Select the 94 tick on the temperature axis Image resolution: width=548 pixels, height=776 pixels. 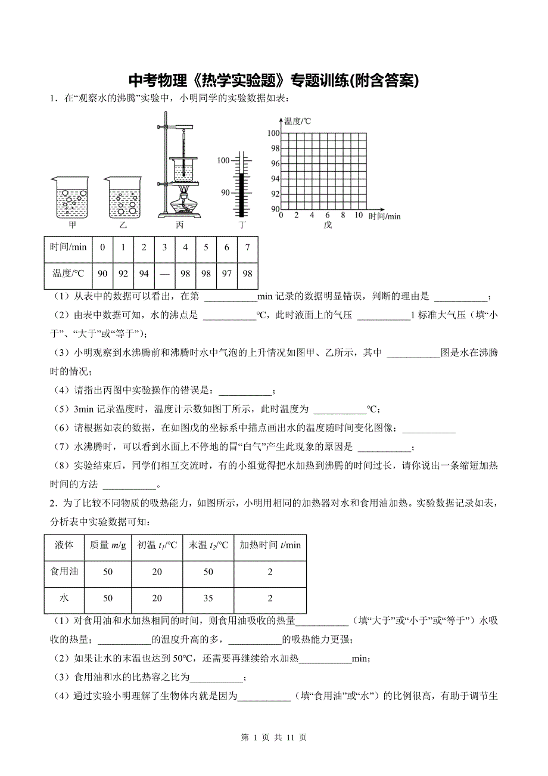click(274, 179)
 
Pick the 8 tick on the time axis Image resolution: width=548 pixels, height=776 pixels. click(342, 216)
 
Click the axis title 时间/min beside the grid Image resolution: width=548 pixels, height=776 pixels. click(384, 216)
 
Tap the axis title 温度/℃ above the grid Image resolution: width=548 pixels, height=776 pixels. click(297, 121)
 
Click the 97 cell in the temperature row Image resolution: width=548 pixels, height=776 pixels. click(227, 273)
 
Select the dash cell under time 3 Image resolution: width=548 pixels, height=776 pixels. click(164, 273)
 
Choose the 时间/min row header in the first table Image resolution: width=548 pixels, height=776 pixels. click(68, 247)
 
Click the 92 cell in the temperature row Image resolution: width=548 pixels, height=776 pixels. click(123, 273)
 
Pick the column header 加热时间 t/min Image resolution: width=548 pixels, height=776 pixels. click(270, 545)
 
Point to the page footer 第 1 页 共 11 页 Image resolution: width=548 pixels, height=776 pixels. click(274, 737)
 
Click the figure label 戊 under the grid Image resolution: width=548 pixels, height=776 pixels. click(327, 225)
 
